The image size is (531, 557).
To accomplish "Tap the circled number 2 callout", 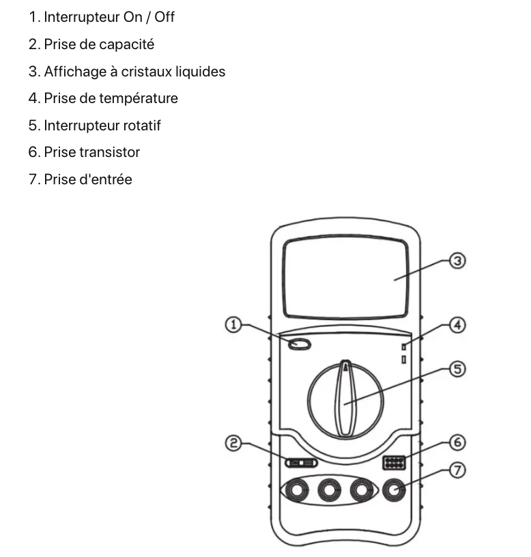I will [233, 444].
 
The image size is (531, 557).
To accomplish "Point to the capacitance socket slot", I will [301, 463].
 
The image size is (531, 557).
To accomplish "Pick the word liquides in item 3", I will [200, 71].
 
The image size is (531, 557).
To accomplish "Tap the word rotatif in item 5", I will [140, 126].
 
